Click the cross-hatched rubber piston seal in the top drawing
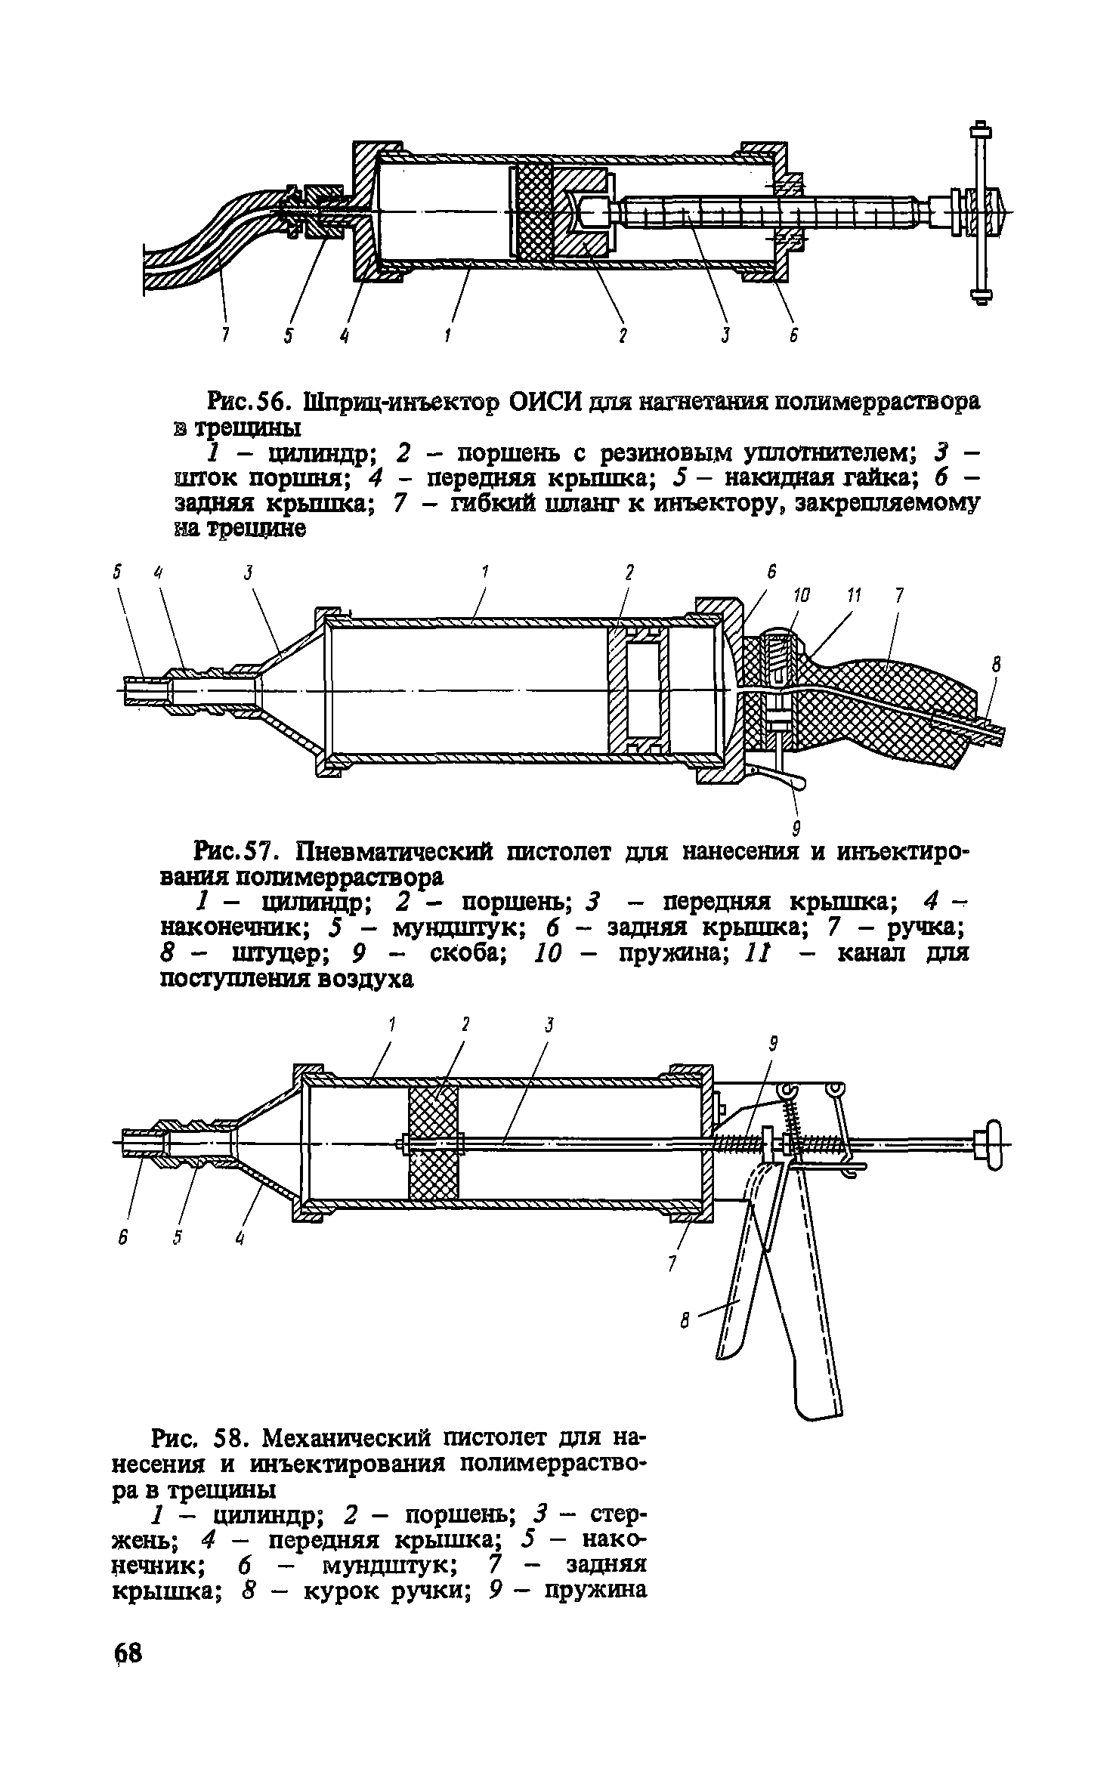[x=533, y=212]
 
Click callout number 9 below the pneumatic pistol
[x=795, y=829]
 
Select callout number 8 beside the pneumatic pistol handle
[x=996, y=664]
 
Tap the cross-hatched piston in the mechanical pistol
[x=433, y=1144]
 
